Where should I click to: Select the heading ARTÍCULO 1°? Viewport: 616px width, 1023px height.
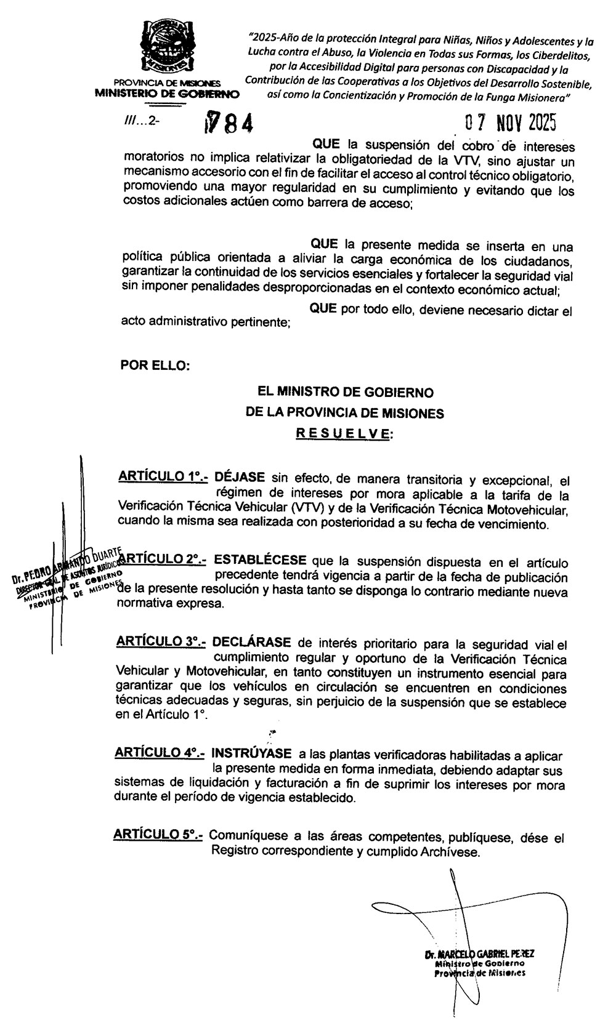pyautogui.click(x=163, y=477)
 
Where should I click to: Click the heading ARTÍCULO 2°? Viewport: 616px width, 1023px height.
pyautogui.click(x=162, y=560)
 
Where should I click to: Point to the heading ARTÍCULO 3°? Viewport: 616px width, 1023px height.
pyautogui.click(x=161, y=642)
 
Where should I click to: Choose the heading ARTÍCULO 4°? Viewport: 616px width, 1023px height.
pyautogui.click(x=160, y=753)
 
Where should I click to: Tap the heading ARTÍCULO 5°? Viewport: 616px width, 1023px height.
pyautogui.click(x=158, y=835)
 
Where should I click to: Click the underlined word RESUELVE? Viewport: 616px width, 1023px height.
pyautogui.click(x=343, y=433)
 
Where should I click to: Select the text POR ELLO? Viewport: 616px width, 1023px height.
pyautogui.click(x=156, y=365)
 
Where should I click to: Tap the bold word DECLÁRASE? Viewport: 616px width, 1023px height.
pyautogui.click(x=252, y=642)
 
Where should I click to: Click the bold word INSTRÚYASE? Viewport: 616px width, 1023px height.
pyautogui.click(x=251, y=753)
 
